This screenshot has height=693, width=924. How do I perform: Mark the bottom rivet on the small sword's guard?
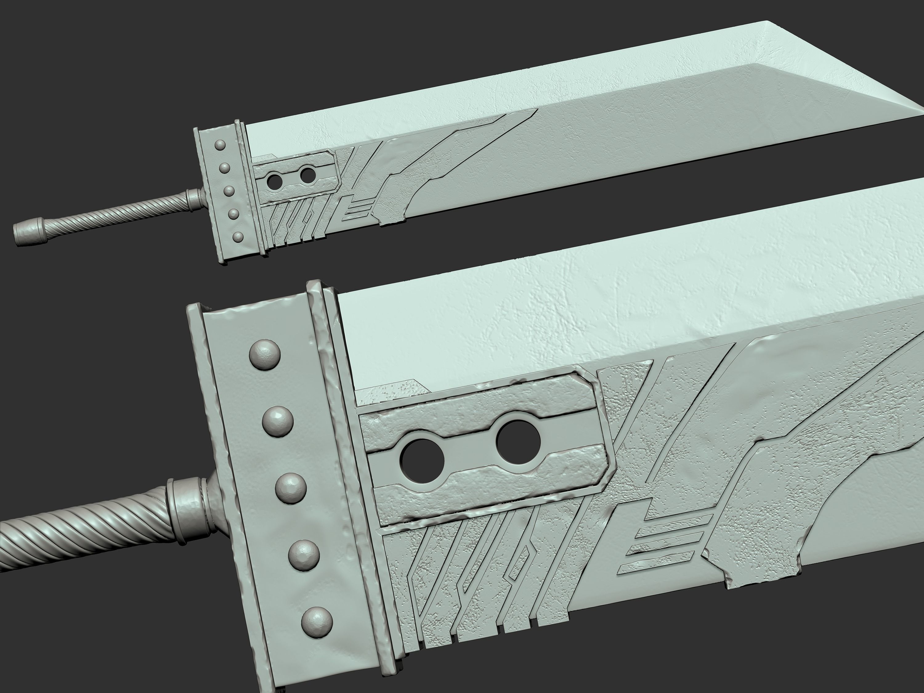pos(238,237)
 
